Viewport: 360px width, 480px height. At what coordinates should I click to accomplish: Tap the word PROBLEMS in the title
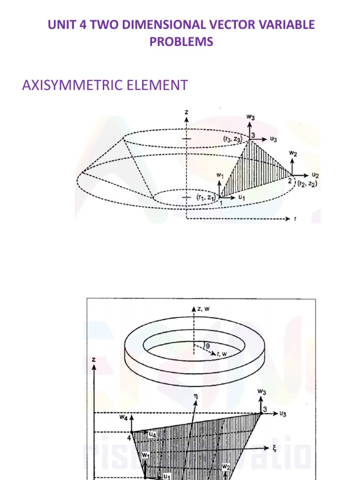click(181, 42)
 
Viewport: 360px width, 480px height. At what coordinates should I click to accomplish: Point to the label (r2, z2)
click(307, 184)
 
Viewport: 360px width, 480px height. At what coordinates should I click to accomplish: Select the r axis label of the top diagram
click(295, 219)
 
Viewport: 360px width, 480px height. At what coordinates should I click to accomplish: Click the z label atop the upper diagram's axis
click(186, 112)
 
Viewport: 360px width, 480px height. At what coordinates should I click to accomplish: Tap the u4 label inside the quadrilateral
click(152, 435)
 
